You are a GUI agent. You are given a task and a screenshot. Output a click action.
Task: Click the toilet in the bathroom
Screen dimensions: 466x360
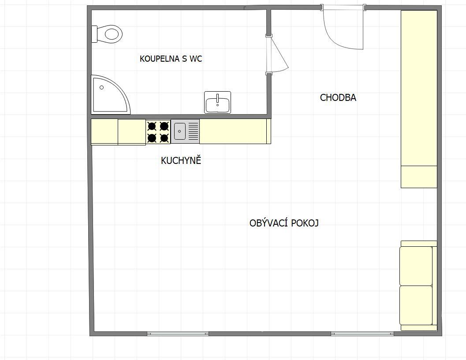tap(107, 34)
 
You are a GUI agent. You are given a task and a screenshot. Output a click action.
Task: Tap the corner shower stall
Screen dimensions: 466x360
tap(109, 95)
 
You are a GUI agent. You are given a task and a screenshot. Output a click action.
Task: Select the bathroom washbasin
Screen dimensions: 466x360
tap(217, 102)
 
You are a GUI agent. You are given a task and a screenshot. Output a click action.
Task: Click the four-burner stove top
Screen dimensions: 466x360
tap(158, 132)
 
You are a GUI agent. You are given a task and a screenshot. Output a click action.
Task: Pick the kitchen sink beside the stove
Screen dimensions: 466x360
tap(185, 131)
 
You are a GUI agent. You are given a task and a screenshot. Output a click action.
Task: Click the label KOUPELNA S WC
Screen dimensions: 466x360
tap(171, 59)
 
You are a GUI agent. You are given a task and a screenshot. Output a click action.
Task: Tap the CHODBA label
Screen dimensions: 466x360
tap(338, 98)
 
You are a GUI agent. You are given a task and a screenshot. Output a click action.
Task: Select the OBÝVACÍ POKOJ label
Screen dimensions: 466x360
tap(284, 223)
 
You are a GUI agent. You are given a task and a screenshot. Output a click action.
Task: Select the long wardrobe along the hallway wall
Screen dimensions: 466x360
tap(419, 99)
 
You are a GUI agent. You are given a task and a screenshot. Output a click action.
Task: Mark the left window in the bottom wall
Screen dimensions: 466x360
tap(178, 334)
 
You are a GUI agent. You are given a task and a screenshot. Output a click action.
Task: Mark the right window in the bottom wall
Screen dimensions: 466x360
tap(362, 334)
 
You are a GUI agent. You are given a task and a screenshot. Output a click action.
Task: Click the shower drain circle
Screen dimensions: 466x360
tap(102, 88)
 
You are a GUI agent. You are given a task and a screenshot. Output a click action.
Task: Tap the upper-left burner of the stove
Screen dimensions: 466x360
tap(152, 126)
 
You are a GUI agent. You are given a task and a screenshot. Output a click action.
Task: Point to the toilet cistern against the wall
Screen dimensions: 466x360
tap(94, 34)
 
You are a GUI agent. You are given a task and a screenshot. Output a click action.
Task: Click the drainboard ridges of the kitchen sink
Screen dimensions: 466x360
tap(194, 131)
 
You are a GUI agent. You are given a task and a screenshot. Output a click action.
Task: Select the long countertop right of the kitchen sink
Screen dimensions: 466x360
tap(235, 131)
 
